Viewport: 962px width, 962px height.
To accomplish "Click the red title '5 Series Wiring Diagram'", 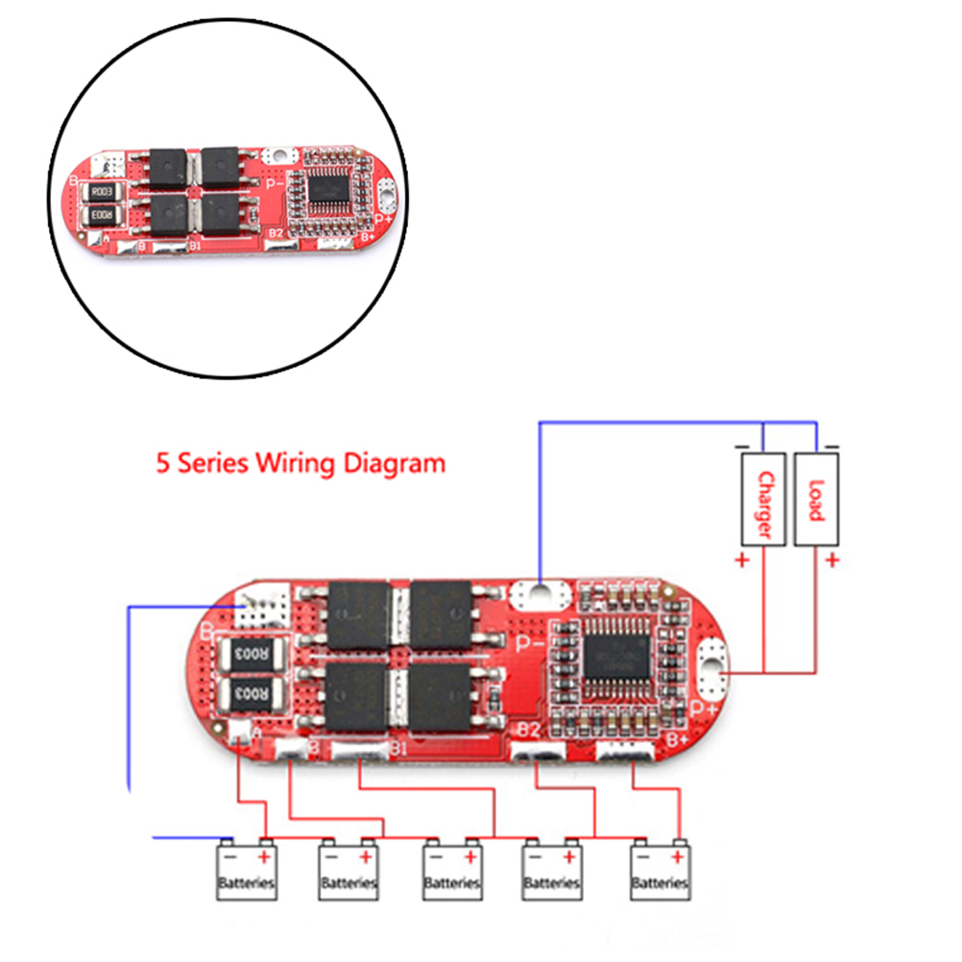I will tap(301, 464).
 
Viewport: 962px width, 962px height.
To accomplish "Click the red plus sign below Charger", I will tap(742, 561).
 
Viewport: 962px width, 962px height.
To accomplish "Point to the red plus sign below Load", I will tap(831, 561).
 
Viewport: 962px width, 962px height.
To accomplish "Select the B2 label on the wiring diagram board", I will tap(528, 732).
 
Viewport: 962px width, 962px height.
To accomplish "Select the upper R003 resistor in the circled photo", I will tap(103, 192).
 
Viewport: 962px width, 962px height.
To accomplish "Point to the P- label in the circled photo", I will tap(274, 180).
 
